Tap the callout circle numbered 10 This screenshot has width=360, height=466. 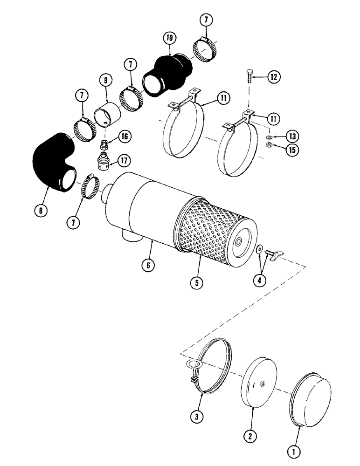[x=168, y=37]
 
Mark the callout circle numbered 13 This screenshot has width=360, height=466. [x=293, y=136]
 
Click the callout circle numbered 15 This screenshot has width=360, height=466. [x=293, y=150]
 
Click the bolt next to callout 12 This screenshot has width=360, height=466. [x=249, y=76]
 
